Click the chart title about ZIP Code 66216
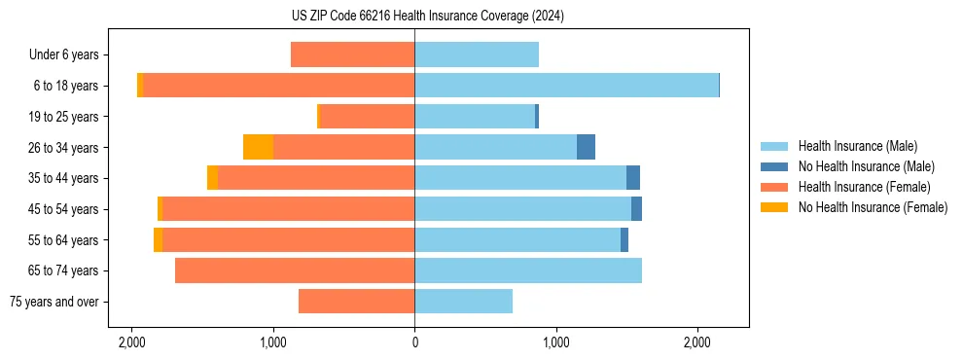[415, 17]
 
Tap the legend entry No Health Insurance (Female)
[873, 207]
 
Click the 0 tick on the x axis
[415, 342]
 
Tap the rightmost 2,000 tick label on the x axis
[697, 342]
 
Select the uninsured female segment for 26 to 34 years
[258, 147]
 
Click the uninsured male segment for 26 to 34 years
[586, 147]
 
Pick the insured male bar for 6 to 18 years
[566, 86]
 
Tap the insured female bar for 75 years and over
[356, 302]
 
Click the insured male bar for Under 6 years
[477, 55]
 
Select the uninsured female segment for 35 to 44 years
[212, 178]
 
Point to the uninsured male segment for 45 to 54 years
[636, 209]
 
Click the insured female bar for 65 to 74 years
[295, 270]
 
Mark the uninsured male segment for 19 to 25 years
[537, 117]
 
